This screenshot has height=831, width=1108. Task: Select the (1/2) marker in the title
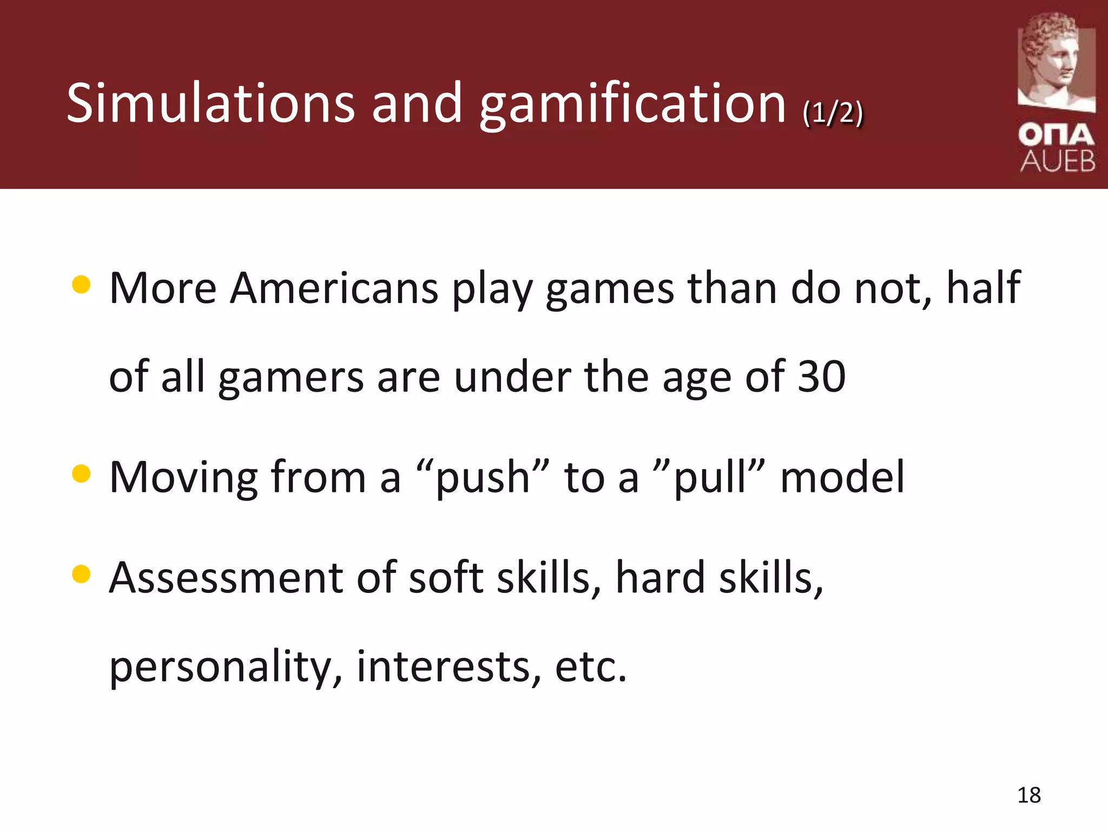click(x=833, y=113)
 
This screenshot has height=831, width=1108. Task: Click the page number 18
click(x=1028, y=795)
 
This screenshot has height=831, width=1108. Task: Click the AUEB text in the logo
click(x=1058, y=161)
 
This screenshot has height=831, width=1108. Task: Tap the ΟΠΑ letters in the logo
click(x=1056, y=135)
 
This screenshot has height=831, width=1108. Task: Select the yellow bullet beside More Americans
click(x=81, y=284)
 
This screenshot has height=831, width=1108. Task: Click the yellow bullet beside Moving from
click(x=81, y=473)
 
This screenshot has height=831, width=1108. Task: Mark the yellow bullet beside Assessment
click(x=81, y=574)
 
